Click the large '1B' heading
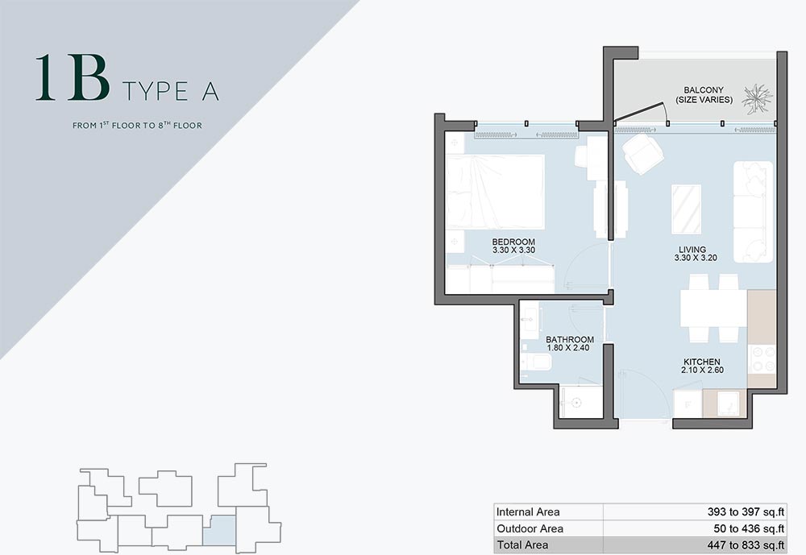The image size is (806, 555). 73,77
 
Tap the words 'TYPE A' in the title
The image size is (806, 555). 171,92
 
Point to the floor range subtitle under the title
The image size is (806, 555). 137,125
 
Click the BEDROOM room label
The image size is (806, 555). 513,242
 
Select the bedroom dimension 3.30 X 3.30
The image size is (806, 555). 513,251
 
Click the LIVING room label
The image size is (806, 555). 692,250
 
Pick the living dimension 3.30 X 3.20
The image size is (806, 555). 696,258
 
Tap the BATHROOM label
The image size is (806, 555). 570,340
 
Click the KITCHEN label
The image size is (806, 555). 702,362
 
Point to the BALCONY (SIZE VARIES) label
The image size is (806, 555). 704,95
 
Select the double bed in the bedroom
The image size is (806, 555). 496,192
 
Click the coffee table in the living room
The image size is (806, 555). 686,209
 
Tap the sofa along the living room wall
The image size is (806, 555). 753,212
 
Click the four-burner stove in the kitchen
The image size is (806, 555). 762,359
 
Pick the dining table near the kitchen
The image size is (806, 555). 713,309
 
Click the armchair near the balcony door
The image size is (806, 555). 642,152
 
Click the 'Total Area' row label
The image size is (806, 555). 522,545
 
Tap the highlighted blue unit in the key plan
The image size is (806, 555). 219,531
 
